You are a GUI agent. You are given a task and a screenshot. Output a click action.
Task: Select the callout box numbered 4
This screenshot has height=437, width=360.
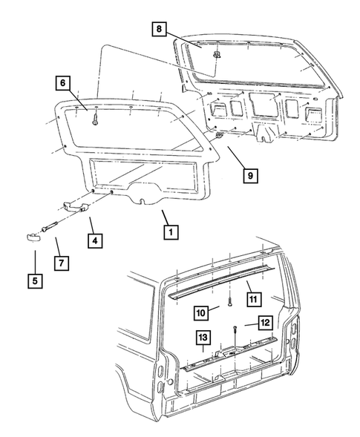point(96,241)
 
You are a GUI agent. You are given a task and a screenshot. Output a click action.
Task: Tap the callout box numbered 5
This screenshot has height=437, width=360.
point(35,282)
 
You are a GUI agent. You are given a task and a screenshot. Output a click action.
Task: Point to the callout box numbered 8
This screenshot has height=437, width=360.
point(160,30)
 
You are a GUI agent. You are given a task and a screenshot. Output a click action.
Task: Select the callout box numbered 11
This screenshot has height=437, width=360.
point(255,300)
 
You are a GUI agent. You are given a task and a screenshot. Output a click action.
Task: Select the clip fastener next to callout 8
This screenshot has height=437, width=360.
point(216,57)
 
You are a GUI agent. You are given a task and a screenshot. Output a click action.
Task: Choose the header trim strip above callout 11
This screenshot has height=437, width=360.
point(223,282)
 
